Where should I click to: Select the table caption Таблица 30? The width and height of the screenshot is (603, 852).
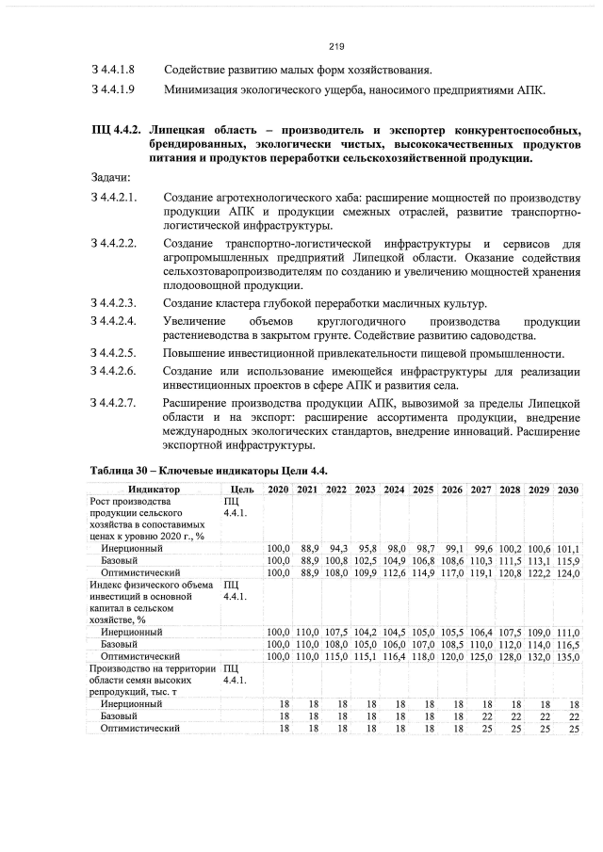(x=126, y=470)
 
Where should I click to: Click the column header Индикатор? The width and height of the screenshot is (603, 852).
(x=154, y=490)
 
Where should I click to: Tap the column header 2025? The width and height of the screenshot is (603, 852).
(x=423, y=490)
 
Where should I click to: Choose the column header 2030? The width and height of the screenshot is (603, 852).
(x=567, y=490)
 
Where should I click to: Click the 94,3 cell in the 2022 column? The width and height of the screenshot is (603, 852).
(x=337, y=547)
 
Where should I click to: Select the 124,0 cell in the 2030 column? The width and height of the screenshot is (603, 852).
(x=567, y=571)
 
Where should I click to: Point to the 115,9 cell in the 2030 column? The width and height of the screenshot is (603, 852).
(x=567, y=559)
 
